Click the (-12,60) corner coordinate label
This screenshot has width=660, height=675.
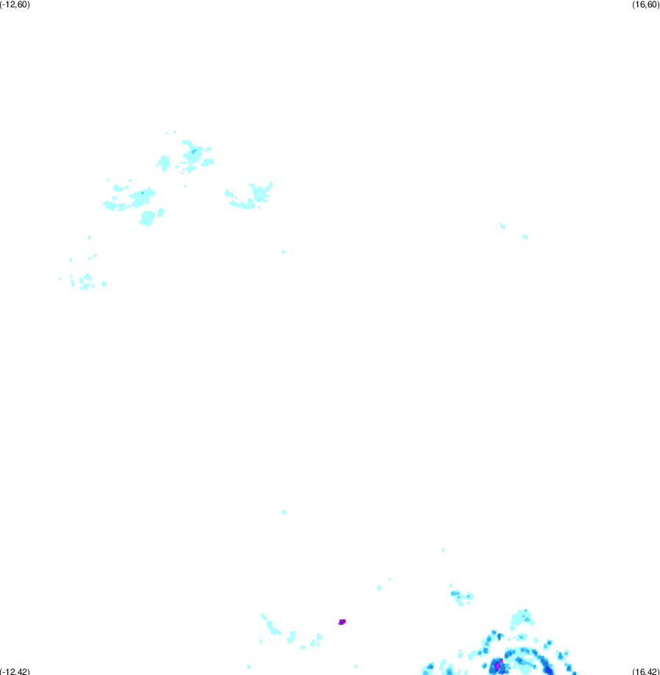(x=15, y=4)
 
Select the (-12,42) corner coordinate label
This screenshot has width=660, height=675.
(x=15, y=671)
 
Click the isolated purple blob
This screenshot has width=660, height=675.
(x=342, y=621)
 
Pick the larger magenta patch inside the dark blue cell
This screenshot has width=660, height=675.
(x=498, y=666)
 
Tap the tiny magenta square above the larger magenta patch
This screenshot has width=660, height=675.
(x=501, y=660)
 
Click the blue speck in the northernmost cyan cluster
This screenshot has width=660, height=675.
(x=193, y=151)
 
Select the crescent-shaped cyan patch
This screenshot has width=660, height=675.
(x=250, y=196)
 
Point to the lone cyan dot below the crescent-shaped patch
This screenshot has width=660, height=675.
(x=283, y=252)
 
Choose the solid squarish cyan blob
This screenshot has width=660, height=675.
(x=148, y=218)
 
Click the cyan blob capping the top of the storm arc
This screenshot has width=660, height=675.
(x=522, y=619)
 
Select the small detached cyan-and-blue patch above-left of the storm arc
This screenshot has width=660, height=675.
(x=462, y=596)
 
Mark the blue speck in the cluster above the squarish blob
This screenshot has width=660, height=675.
(x=142, y=192)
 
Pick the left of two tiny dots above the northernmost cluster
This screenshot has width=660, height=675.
(x=167, y=133)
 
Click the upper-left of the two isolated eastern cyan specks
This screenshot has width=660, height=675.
(x=502, y=225)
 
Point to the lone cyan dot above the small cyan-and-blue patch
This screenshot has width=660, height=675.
(x=443, y=550)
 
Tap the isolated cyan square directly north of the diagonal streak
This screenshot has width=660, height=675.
(x=283, y=512)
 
